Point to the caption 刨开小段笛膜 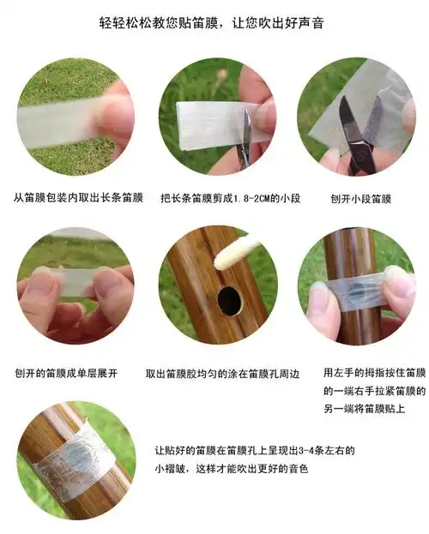(360, 198)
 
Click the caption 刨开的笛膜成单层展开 (66, 373)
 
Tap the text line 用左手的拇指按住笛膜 (373, 374)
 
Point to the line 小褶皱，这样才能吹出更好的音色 (232, 469)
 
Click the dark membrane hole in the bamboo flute (229, 300)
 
